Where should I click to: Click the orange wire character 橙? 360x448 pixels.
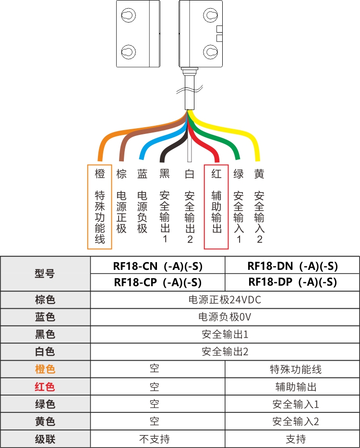pos(100,174)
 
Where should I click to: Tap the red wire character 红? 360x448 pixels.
pos(216,174)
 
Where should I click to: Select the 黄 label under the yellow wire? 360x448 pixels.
pos(259,174)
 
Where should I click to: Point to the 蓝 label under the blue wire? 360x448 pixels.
pos(142,174)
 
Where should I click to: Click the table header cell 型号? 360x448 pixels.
pos(45,274)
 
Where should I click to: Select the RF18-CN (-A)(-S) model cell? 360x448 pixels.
pos(157,266)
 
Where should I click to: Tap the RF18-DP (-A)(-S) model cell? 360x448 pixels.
pos(292,282)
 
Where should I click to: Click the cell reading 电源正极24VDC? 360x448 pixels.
pos(225,300)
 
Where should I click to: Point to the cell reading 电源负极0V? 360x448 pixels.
pos(225,317)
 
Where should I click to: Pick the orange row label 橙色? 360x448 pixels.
pos(45,369)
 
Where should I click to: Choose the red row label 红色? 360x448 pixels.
pos(45,387)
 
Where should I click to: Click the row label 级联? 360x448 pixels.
pos(45,439)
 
